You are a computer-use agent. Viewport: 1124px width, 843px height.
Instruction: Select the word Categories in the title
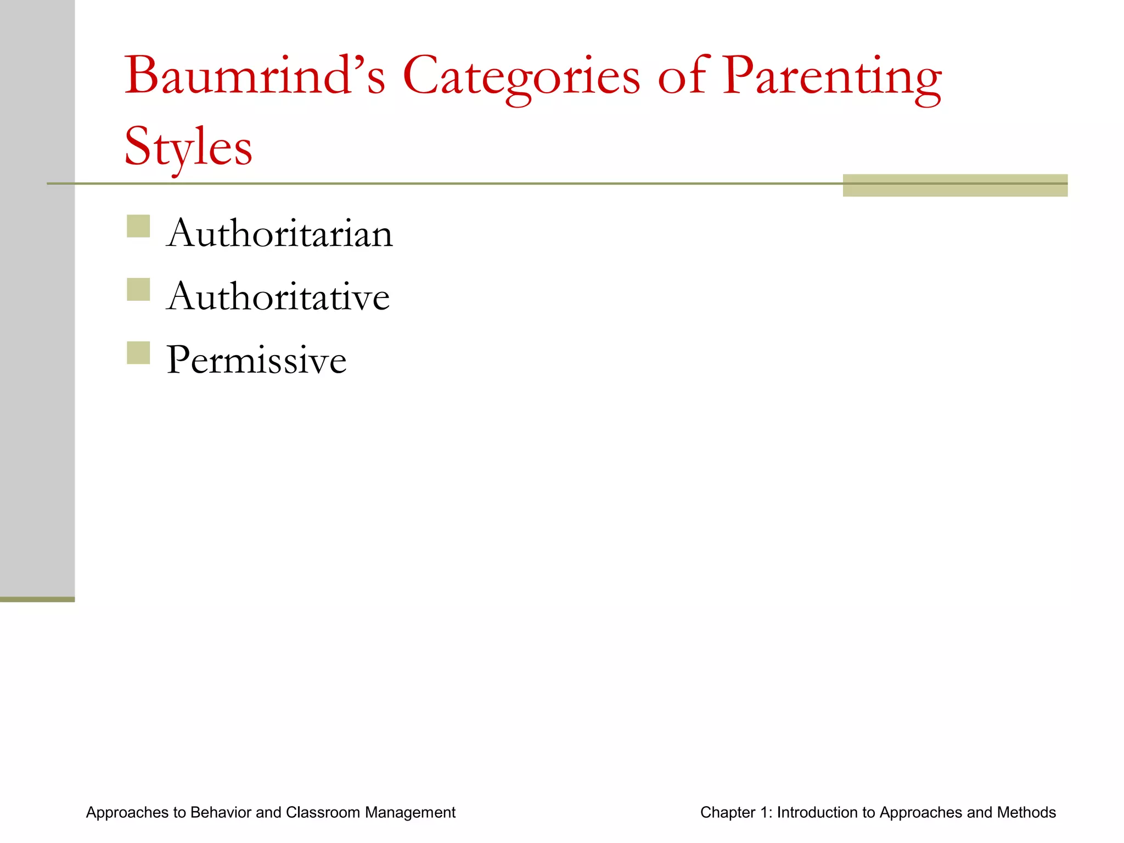tap(521, 77)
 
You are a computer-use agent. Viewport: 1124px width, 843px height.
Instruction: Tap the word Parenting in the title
tap(831, 77)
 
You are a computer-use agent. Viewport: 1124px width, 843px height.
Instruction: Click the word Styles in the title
tap(188, 147)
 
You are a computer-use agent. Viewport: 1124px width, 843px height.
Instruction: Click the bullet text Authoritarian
tap(279, 234)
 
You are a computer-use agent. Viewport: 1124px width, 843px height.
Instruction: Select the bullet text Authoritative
tap(278, 297)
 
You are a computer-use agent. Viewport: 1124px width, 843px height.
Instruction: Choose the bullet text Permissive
tap(256, 361)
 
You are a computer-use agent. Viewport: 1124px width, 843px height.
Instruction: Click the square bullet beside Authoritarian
tap(138, 226)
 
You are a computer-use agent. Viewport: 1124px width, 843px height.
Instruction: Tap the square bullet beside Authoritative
tap(138, 290)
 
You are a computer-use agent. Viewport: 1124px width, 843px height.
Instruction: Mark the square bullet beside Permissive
tap(138, 353)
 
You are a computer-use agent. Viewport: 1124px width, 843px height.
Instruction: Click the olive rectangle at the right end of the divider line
tap(955, 186)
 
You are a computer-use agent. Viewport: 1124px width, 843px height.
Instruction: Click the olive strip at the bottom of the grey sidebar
tap(37, 599)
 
